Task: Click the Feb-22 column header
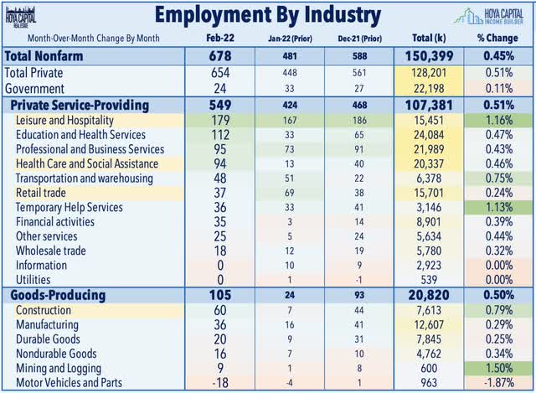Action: point(220,38)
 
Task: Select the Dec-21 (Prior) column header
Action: point(359,39)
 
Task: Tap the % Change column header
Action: point(497,38)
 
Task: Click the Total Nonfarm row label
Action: point(44,56)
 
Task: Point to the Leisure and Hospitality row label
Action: point(64,121)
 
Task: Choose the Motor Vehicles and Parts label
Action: point(69,382)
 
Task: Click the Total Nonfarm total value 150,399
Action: point(429,56)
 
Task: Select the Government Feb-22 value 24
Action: point(219,89)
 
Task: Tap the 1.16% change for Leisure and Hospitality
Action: point(499,121)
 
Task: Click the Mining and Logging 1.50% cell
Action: point(499,368)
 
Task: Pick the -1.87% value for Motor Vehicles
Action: point(499,382)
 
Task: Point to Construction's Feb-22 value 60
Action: point(219,310)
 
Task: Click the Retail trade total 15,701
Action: point(429,193)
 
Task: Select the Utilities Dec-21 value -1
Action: point(358,280)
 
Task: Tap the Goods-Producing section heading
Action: point(58,295)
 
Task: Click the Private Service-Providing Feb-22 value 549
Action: point(220,105)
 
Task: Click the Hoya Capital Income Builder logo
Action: point(489,16)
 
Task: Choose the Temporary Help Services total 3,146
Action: point(429,207)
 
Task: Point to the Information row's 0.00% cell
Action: point(499,266)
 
